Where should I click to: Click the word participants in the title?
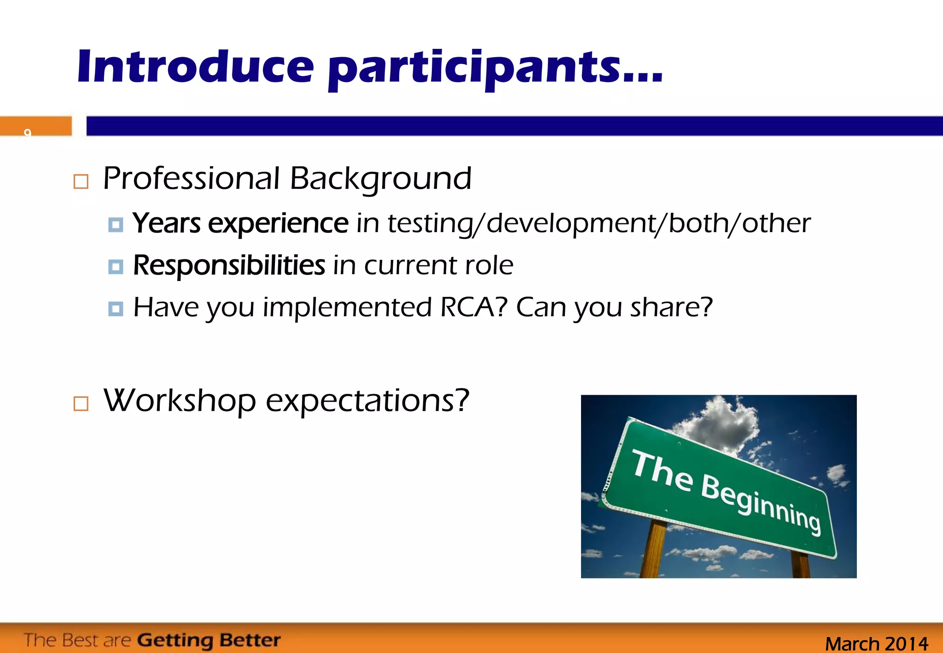click(472, 69)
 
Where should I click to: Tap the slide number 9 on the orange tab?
click(28, 132)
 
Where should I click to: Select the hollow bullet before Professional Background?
click(81, 181)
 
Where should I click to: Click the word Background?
click(380, 179)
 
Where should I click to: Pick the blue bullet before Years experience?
click(116, 225)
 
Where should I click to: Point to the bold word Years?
click(166, 224)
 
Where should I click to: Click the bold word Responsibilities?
click(229, 266)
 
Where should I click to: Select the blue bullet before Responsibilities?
click(116, 267)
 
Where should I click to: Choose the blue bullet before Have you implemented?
click(116, 309)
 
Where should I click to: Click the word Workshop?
click(180, 401)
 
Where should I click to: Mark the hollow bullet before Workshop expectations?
click(81, 403)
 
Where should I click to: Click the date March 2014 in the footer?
click(876, 643)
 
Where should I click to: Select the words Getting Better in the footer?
click(209, 640)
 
